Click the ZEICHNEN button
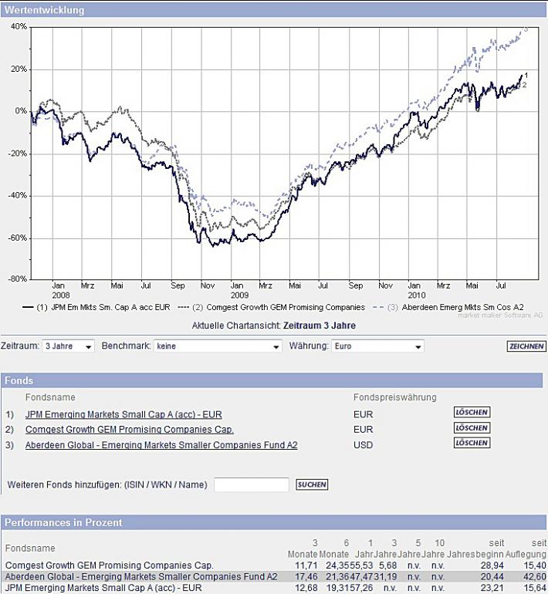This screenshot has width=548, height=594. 526,346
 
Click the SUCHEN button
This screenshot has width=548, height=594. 312,484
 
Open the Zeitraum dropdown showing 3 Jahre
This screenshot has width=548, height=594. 68,346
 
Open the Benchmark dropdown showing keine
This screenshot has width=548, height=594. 217,346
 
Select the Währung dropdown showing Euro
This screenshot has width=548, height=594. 377,346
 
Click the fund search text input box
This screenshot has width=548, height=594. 251,484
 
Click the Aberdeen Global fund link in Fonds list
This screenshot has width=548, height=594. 161,445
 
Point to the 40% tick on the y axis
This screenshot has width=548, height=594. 19,26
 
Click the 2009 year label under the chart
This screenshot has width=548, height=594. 240,295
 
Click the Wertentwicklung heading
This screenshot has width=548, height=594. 45,11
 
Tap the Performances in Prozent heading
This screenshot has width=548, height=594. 63,522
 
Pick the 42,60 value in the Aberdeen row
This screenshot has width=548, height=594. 533,577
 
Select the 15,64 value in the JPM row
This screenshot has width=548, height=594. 533,588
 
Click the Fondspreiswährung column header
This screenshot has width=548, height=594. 394,397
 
